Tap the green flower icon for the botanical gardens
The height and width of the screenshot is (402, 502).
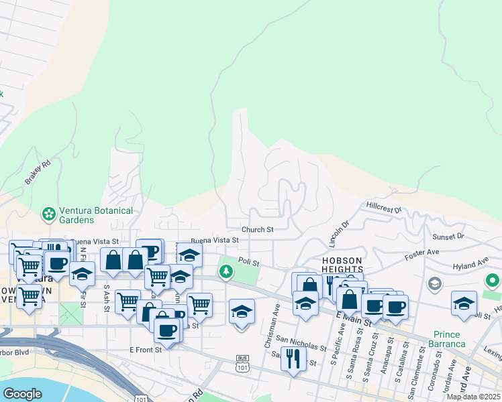pos(48,214)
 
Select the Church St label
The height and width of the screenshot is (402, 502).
pos(258,230)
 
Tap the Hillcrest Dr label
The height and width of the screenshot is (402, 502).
pos(383,206)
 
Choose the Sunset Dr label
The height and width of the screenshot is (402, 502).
pos(448,237)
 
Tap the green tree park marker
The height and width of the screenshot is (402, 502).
pos(227,271)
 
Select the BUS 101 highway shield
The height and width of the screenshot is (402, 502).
pos(242,364)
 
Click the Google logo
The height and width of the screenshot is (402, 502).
pos(22,394)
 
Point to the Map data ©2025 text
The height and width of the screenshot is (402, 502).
pos(474,397)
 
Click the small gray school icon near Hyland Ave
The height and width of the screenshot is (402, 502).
pos(434,283)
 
